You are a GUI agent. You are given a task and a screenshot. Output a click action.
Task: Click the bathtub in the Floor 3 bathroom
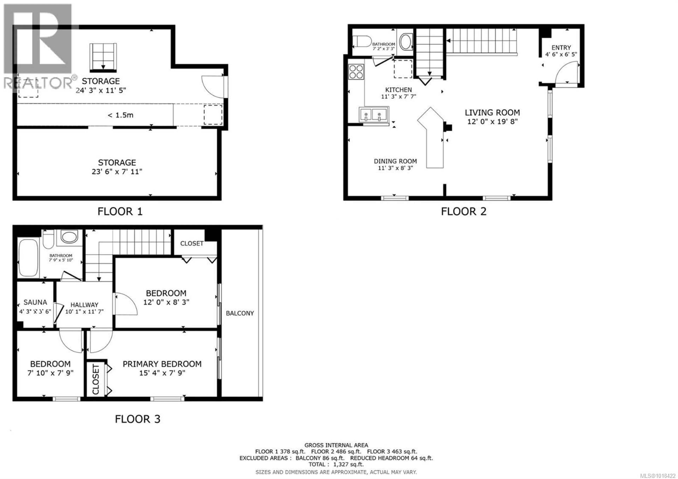click(28, 258)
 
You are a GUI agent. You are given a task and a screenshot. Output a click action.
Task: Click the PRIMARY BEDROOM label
click(162, 364)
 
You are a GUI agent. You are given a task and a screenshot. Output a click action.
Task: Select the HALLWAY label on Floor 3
click(84, 305)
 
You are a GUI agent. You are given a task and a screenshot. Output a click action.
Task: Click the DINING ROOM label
click(395, 161)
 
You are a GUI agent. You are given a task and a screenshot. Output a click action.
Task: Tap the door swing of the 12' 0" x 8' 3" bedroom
click(126, 304)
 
